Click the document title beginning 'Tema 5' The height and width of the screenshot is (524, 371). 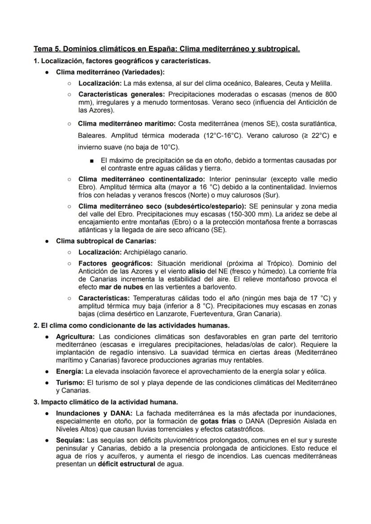click(x=167, y=48)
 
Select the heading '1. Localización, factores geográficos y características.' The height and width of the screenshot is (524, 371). click(x=122, y=61)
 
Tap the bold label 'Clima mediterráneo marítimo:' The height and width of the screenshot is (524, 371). click(x=127, y=123)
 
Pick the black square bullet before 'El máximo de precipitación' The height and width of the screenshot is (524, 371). click(x=92, y=160)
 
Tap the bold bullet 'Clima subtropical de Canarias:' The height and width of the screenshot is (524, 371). click(x=106, y=241)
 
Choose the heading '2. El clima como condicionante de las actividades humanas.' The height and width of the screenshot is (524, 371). click(x=132, y=325)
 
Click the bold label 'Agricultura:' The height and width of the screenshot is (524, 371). click(x=75, y=336)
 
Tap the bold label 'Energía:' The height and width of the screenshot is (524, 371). click(x=69, y=371)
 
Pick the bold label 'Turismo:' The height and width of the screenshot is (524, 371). click(x=70, y=382)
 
